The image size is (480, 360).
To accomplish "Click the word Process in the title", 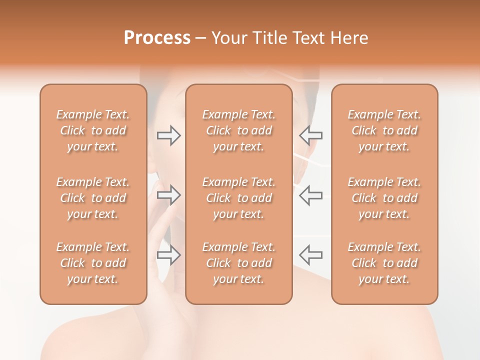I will coord(157,38).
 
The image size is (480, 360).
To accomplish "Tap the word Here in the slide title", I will coord(348,38).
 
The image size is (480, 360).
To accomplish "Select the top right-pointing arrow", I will coord(168,135).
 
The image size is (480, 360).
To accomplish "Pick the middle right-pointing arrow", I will coord(168,195).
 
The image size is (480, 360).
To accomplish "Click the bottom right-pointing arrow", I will coord(168,255).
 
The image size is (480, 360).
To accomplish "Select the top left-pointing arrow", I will coord(311,135).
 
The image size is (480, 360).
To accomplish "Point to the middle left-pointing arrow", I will coord(311,195).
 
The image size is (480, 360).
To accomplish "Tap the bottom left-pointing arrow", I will coord(311,255).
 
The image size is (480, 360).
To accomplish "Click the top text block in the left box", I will coord(93,130).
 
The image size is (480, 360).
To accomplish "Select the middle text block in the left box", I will coord(93,198).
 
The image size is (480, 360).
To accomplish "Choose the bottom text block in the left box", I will coord(93,263).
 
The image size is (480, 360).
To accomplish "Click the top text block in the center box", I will coord(238,130).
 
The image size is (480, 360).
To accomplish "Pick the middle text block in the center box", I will coord(238,198).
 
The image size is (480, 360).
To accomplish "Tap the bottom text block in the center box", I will coord(238,263).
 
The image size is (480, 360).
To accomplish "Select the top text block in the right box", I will coord(384,130).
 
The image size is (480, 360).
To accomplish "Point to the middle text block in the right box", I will coord(384,198).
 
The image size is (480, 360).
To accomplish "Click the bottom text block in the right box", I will coord(384,263).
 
